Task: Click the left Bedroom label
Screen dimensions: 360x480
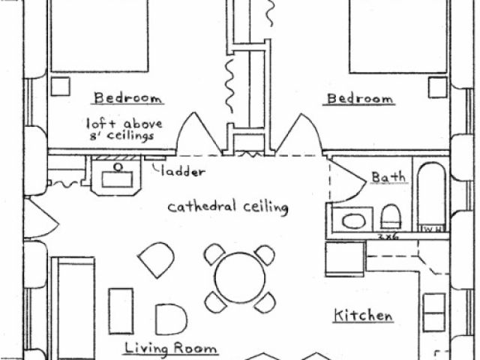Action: (128, 98)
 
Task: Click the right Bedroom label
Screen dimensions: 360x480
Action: (358, 98)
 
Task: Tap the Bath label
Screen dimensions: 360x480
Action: (390, 178)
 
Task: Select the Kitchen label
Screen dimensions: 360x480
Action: (363, 316)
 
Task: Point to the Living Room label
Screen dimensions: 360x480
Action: (171, 348)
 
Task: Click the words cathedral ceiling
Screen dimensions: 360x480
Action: (227, 207)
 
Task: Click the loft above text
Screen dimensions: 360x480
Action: (124, 123)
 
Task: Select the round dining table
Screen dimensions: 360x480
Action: (239, 277)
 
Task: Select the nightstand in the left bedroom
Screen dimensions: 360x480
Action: (60, 85)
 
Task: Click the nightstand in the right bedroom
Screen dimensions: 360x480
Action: (437, 87)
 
